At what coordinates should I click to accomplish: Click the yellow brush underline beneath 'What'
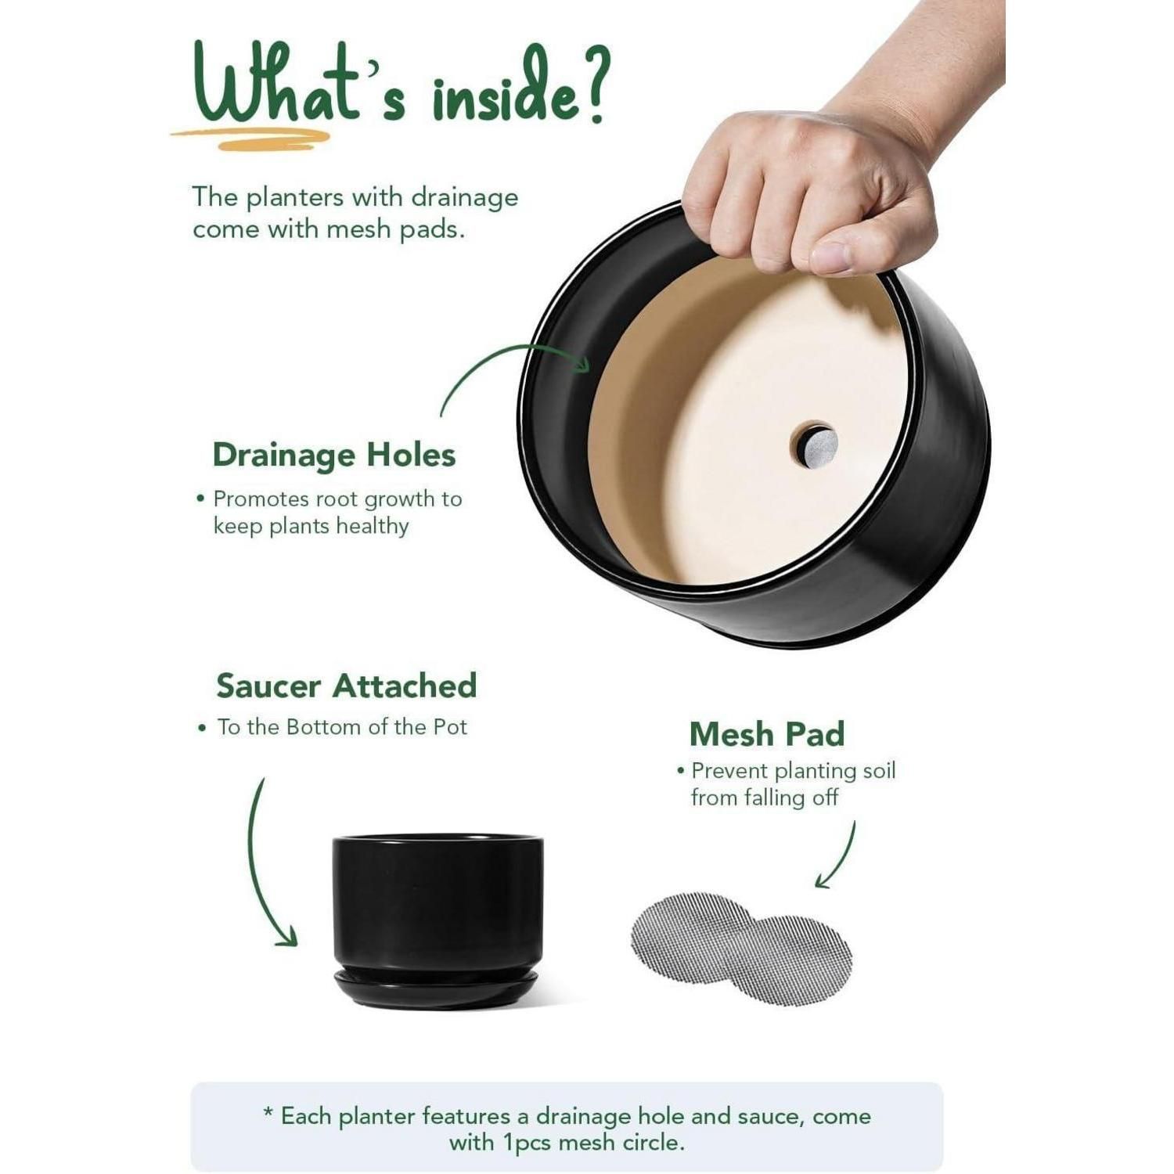click(250, 139)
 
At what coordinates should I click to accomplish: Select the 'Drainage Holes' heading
click(334, 455)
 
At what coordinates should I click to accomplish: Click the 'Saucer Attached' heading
click(347, 686)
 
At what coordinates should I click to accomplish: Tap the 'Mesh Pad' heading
click(767, 734)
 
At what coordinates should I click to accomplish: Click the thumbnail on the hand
click(831, 257)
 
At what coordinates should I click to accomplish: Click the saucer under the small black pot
click(436, 989)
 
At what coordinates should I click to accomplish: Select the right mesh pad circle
click(792, 960)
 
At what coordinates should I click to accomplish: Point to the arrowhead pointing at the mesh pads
click(823, 880)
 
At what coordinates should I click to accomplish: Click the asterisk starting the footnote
click(268, 1112)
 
